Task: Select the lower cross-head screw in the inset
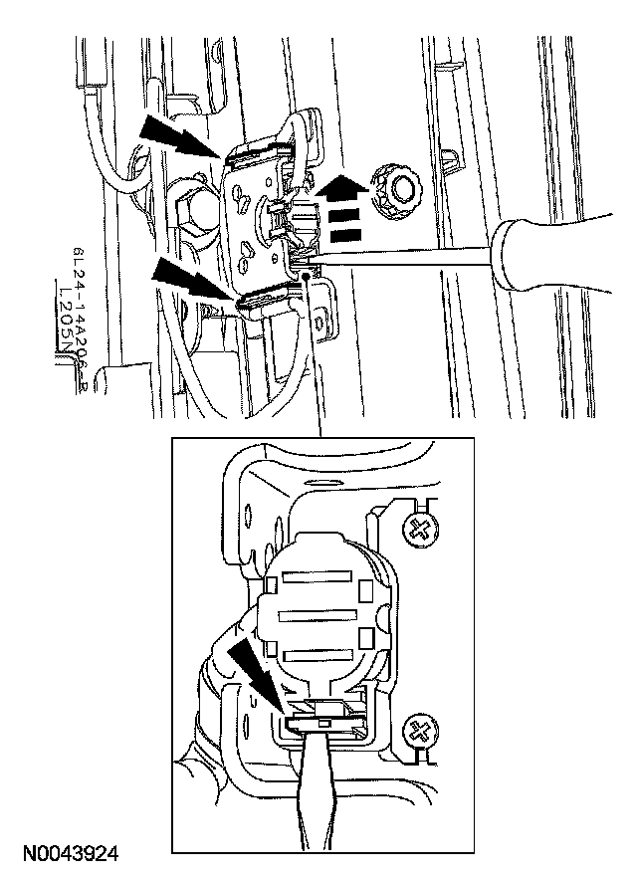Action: pos(421,732)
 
